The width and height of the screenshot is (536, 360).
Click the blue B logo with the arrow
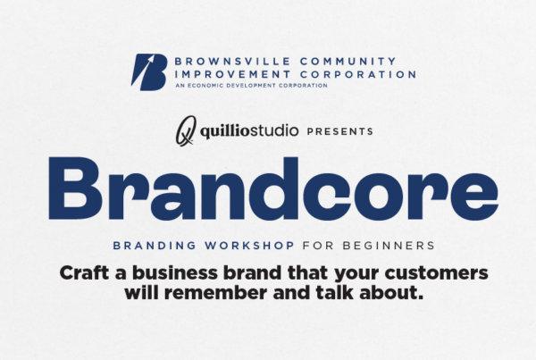tap(149, 72)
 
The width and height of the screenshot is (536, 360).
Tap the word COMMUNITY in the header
tap(348, 62)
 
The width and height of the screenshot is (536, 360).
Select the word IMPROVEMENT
tap(232, 74)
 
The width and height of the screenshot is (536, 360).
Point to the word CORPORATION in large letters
tap(358, 74)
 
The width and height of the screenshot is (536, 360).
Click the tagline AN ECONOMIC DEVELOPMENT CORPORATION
tap(252, 86)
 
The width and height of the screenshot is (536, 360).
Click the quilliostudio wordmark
tap(249, 131)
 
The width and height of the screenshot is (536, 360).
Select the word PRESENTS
tap(339, 131)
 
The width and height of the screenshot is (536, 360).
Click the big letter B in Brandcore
tap(75, 188)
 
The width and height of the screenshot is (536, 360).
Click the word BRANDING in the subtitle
tap(155, 246)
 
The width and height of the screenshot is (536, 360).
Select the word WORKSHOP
tap(249, 246)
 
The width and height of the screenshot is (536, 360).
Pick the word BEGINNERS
tap(389, 246)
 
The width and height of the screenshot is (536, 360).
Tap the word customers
tap(436, 273)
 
